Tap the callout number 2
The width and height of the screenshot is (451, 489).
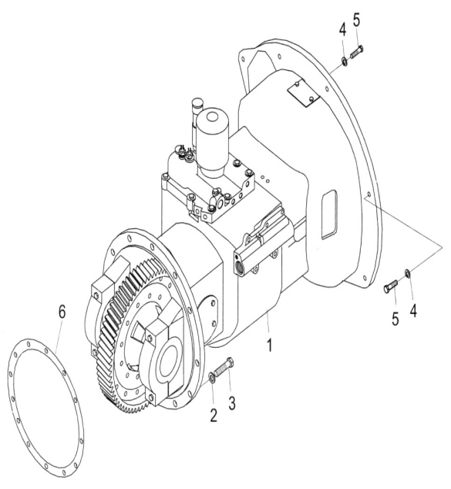pos(214,415)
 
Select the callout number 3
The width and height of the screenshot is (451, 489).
pos(232,403)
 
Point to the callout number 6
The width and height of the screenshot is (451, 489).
pos(62,312)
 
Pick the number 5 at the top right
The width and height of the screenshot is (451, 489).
pos(357,20)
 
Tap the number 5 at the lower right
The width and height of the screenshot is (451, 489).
pos(395,319)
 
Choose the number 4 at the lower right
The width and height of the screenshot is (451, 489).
pos(413,311)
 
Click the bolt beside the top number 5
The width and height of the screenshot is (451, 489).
pos(357,52)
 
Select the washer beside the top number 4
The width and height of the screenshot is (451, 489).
pos(345,62)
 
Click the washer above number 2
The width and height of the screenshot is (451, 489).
pos(211,379)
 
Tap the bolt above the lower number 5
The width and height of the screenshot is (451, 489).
pos(390,286)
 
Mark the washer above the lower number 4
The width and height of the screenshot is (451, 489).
pos(408,273)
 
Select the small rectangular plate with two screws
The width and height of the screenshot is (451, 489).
pos(304,93)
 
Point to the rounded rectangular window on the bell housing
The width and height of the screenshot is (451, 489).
pos(329,215)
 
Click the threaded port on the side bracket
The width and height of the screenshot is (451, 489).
pos(241,265)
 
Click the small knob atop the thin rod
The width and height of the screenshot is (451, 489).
pos(197,103)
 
